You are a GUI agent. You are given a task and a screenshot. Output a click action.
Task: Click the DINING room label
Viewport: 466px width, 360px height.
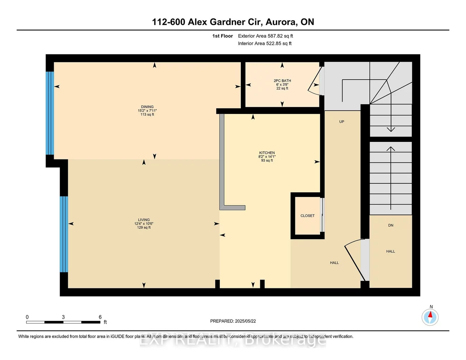pos(147,107)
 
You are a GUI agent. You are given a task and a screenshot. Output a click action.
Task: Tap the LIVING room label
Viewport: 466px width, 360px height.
pos(144,220)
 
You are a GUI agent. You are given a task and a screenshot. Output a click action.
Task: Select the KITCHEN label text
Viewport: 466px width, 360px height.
pos(267,153)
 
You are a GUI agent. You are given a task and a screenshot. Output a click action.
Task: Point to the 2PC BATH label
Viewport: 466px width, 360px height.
pos(282,81)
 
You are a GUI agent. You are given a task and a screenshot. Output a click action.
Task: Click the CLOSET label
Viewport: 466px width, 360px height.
pos(308,216)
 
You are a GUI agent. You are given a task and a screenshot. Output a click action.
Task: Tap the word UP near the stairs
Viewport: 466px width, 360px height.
pos(342,122)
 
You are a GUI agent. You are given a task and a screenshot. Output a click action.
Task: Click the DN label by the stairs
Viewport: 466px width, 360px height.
pos(391,225)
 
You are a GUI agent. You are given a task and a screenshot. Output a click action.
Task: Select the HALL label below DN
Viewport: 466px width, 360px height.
pos(391,251)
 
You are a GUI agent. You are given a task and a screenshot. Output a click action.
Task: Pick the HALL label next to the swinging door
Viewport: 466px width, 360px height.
pos(334,263)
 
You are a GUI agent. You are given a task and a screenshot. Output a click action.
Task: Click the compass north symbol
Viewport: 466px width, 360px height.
pos(430,317)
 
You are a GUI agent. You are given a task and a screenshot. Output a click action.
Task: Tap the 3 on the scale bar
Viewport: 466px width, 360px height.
pos(63,317)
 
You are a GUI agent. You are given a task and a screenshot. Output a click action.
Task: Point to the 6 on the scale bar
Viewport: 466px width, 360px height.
pos(100,317)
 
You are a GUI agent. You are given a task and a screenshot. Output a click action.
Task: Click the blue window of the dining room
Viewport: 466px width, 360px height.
pos(50,113)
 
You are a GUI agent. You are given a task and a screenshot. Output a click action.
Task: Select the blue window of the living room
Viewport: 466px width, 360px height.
pos(64,234)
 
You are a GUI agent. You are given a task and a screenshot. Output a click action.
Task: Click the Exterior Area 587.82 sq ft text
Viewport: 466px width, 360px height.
pos(266,36)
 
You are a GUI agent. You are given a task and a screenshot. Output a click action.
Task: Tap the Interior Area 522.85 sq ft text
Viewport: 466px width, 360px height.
pos(265,43)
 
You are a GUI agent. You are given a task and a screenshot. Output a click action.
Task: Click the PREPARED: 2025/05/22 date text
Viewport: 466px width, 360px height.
pos(233,321)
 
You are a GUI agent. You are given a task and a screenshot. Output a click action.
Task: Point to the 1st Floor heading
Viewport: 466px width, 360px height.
pos(223,36)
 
